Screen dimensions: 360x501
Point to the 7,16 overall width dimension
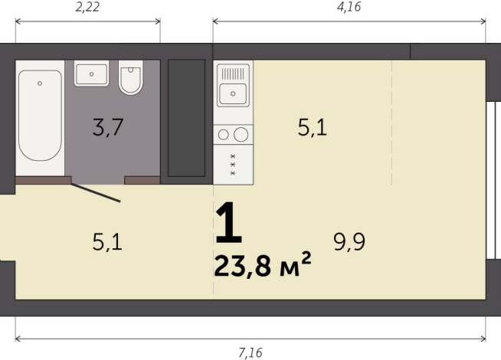point(250,352)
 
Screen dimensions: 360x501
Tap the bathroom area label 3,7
point(108,127)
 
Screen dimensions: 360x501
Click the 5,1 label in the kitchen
point(312,127)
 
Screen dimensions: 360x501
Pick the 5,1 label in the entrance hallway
point(107,243)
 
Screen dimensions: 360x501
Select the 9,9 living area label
point(349,243)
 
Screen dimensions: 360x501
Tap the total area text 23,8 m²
point(263,267)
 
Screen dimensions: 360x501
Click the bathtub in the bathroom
point(40,116)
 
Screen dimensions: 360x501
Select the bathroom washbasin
point(92,74)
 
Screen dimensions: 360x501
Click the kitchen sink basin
point(232,95)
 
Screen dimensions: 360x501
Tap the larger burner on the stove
point(241,135)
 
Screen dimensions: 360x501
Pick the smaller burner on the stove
point(224,135)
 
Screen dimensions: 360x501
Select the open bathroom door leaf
point(96,192)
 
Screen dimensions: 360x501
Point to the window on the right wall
point(494,181)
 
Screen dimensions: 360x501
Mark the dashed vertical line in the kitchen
point(392,123)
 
